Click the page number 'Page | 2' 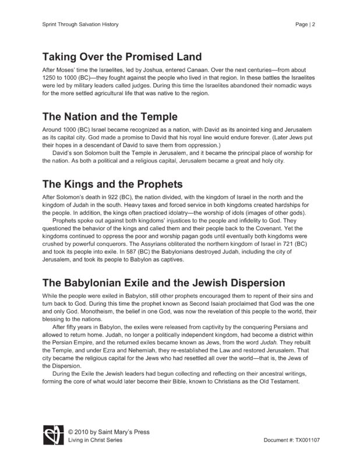[x=307, y=24]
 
